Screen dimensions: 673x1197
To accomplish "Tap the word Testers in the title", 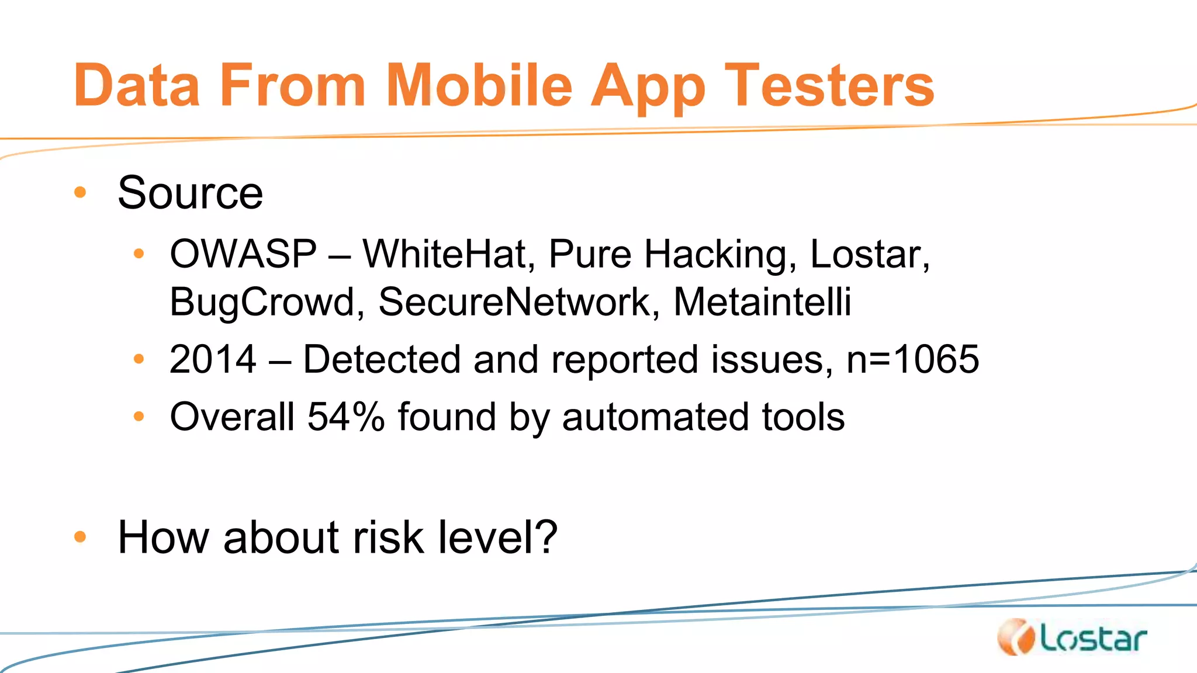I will [829, 86].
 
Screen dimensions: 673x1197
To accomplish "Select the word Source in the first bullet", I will [191, 193].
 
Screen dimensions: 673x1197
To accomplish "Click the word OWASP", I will [243, 254].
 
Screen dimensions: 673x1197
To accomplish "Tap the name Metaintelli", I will [762, 302].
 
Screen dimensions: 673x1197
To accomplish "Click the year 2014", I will [213, 359].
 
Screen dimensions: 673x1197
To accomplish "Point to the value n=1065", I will [912, 359].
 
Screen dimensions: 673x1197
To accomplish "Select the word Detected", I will [382, 359].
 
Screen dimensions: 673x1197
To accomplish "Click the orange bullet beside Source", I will [80, 192].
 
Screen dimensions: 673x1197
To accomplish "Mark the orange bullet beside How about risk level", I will [80, 536].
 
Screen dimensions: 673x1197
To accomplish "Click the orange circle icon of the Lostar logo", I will [1016, 637].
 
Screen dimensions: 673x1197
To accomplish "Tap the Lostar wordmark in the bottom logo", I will [1093, 640].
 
